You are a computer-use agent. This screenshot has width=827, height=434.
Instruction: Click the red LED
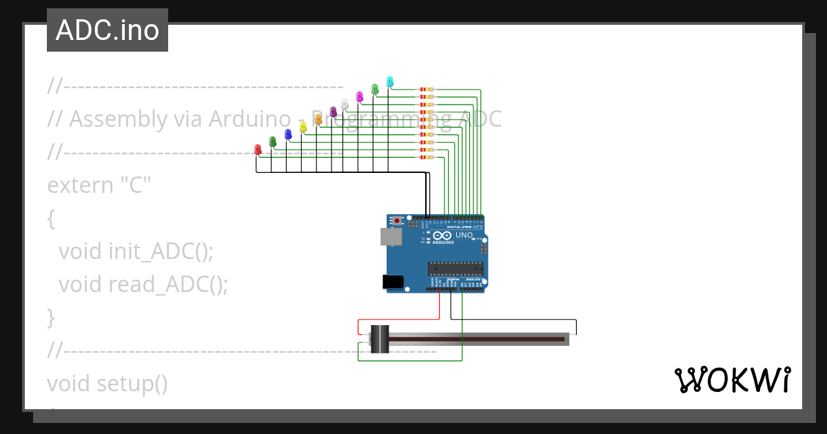(x=258, y=149)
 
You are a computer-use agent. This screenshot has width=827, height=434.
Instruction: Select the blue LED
(x=288, y=134)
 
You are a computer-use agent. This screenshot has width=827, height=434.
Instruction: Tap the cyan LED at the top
(x=390, y=81)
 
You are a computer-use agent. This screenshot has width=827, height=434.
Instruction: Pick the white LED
(x=345, y=104)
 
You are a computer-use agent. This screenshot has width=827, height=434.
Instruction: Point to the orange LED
(x=318, y=119)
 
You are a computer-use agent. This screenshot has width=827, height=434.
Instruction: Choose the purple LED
(x=333, y=112)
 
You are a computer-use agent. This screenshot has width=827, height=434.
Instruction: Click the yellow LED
(x=303, y=127)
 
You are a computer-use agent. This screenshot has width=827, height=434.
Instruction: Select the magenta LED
(x=359, y=96)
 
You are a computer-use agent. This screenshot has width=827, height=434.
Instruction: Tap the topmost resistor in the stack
(x=427, y=90)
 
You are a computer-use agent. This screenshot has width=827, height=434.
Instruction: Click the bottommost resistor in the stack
(x=427, y=158)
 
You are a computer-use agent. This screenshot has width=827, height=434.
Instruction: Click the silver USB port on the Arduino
(x=391, y=236)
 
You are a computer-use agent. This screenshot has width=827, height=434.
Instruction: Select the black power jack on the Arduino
(x=392, y=282)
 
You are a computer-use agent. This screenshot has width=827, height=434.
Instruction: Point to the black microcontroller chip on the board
(x=455, y=268)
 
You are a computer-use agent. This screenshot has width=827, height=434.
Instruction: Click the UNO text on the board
(x=464, y=236)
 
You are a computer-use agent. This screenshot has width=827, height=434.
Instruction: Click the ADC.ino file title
(x=108, y=30)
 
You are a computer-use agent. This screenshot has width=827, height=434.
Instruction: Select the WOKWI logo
(x=732, y=380)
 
